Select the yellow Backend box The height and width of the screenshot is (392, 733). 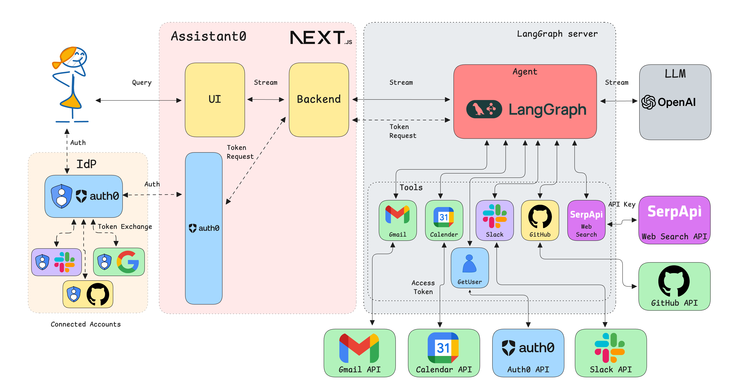point(319,99)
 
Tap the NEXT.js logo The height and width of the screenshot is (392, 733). point(320,38)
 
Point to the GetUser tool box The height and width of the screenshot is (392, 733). point(469,267)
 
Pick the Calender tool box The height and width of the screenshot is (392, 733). point(444,220)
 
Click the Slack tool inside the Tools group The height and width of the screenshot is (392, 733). point(495,220)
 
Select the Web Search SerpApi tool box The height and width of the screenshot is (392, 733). point(586,220)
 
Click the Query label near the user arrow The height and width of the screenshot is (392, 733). point(142,83)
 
